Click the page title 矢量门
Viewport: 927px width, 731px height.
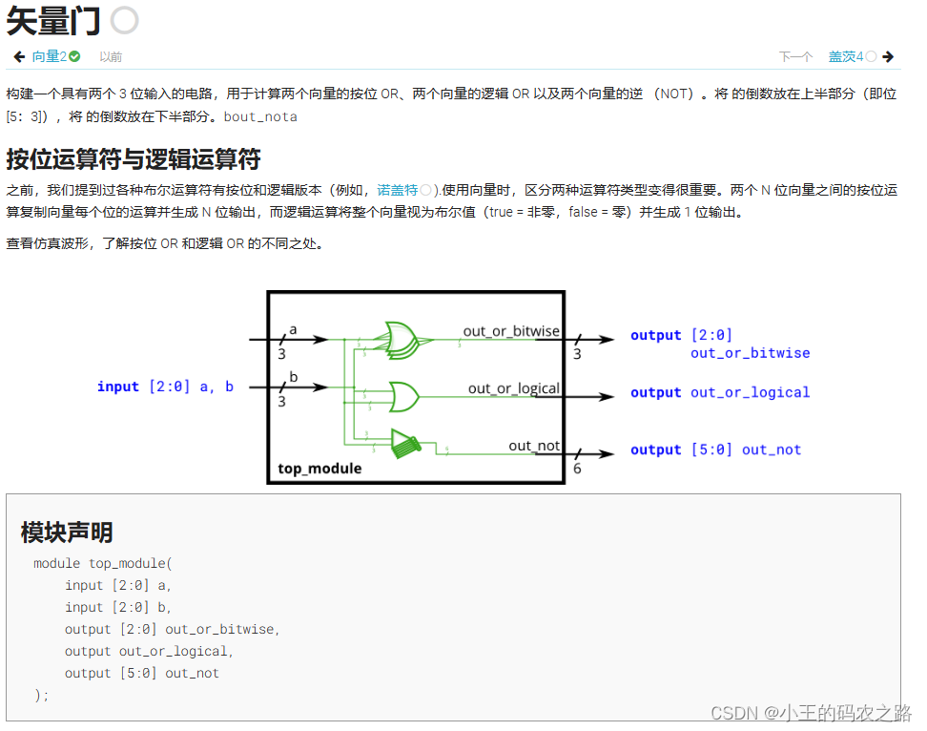click(x=53, y=20)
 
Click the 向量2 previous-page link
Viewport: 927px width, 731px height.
click(x=50, y=57)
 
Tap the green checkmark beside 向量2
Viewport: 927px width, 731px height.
click(x=74, y=57)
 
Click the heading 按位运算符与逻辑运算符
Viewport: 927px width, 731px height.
click(x=133, y=159)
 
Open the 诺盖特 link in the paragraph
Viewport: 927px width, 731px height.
click(x=398, y=190)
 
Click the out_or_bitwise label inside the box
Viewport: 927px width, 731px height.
click(x=511, y=331)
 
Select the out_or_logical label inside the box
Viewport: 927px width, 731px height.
click(x=513, y=388)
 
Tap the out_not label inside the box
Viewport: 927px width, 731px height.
click(x=534, y=446)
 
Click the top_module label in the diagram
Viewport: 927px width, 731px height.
click(x=319, y=469)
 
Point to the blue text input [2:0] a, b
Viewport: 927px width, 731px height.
click(x=165, y=386)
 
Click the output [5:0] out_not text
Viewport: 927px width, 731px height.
click(x=715, y=449)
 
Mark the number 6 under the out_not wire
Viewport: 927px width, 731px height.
click(x=577, y=470)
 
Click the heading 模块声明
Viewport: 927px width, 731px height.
click(x=67, y=533)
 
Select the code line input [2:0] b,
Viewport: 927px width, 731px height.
click(x=118, y=607)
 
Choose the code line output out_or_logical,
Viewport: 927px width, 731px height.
click(x=149, y=651)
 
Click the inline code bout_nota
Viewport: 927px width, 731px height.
click(x=260, y=117)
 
